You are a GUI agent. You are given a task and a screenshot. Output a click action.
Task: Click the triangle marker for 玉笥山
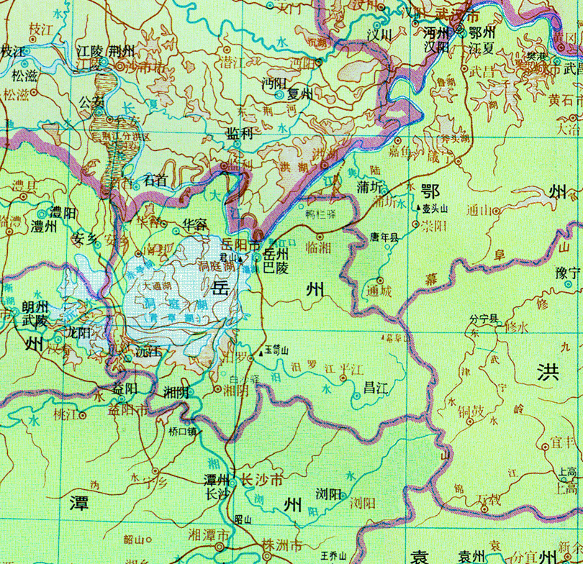(x=259, y=354)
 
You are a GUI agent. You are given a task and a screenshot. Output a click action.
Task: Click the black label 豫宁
(x=568, y=273)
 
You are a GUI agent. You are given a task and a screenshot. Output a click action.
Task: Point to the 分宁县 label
(x=484, y=317)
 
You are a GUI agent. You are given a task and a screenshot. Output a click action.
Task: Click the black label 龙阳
(x=77, y=333)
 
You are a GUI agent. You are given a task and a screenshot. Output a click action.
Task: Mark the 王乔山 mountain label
(x=333, y=555)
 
